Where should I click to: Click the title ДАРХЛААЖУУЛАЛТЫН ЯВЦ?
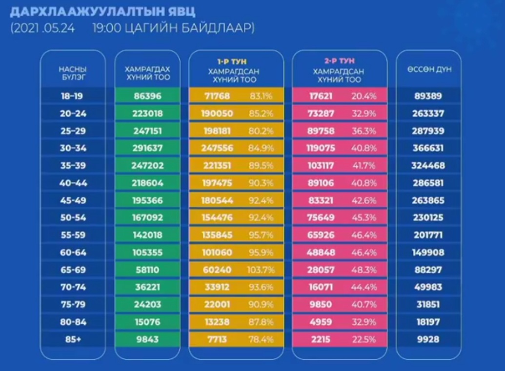pyautogui.click(x=95, y=11)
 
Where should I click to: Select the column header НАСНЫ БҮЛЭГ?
pyautogui.click(x=72, y=73)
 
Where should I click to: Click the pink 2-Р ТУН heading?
pyautogui.click(x=339, y=61)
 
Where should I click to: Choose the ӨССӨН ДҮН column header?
pyautogui.click(x=429, y=69)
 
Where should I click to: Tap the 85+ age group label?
pyautogui.click(x=73, y=339)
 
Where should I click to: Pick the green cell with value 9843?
pyautogui.click(x=147, y=339)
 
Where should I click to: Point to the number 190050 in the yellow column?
pyautogui.click(x=217, y=114)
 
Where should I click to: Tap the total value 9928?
pyautogui.click(x=429, y=339)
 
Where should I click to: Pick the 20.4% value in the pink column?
pyautogui.click(x=364, y=96)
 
